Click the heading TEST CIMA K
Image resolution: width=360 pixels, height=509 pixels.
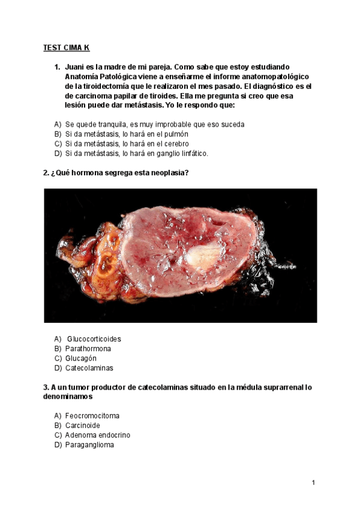[66, 47]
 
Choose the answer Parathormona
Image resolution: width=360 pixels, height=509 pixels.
[88, 348]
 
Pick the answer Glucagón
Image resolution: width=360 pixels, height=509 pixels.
[81, 358]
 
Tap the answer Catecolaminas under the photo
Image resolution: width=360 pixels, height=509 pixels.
[89, 367]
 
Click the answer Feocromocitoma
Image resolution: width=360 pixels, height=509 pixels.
[92, 415]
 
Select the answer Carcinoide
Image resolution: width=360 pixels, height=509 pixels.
[83, 425]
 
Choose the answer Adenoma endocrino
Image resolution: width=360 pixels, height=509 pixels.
[97, 435]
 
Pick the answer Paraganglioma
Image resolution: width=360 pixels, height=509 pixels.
[89, 444]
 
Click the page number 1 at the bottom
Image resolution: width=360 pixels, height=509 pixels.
[313, 483]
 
